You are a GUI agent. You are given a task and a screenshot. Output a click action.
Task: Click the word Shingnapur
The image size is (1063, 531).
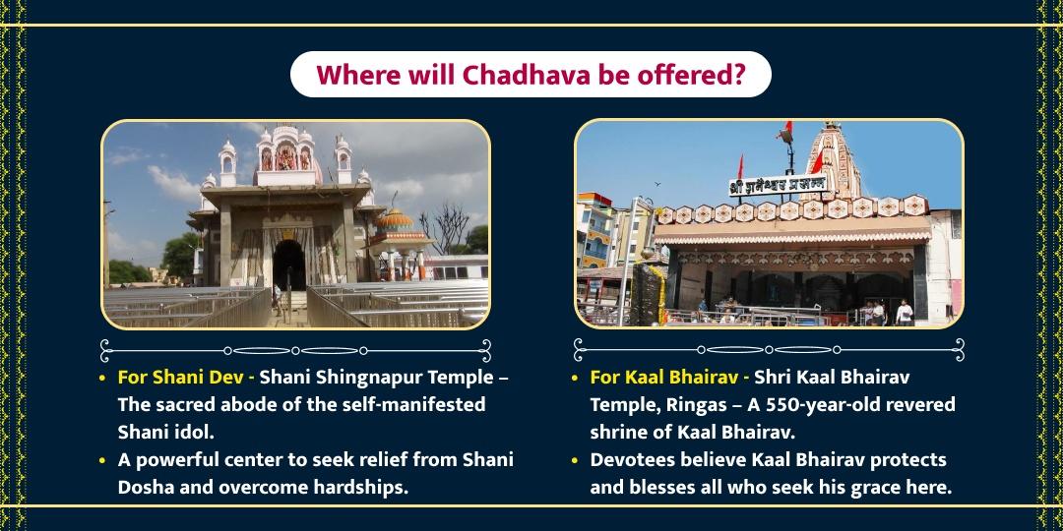click(x=355, y=378)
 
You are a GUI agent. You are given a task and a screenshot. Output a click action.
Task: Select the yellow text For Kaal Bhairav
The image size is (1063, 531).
click(x=660, y=378)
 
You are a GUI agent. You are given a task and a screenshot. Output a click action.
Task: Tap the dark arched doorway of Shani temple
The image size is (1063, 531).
click(x=289, y=265)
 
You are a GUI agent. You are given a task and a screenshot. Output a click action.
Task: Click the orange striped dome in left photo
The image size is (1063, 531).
click(x=394, y=219)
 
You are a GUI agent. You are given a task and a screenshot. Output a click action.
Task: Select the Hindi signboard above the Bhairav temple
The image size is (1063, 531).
click(x=778, y=186)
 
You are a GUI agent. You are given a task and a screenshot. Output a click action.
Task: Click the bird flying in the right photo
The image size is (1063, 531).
click(x=657, y=184)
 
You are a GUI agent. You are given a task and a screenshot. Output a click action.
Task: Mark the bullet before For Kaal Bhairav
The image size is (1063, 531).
click(x=576, y=379)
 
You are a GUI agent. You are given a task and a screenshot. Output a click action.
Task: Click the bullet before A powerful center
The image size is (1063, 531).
click(x=102, y=460)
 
